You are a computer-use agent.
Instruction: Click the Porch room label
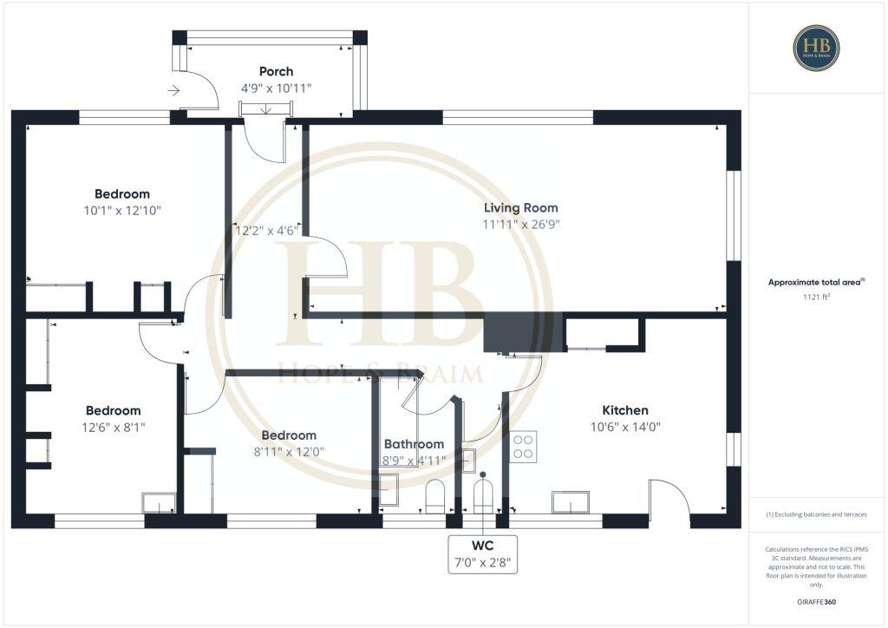tap(276, 71)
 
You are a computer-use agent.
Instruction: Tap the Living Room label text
tap(520, 207)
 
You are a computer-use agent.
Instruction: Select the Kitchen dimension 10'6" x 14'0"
tap(625, 427)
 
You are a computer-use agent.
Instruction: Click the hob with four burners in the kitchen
tap(523, 447)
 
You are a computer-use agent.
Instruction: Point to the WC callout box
tap(482, 554)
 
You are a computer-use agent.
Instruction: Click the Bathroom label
tap(414, 444)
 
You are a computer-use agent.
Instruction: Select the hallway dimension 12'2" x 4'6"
tap(267, 231)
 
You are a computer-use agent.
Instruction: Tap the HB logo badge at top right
tap(816, 48)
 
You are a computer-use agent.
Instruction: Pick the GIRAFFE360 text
tap(816, 601)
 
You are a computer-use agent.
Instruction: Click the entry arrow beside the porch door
tap(173, 89)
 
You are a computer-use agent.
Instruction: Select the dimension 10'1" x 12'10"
tap(121, 210)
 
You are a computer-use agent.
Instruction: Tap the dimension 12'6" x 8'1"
tap(113, 427)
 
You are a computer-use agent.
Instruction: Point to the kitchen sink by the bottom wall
tap(571, 502)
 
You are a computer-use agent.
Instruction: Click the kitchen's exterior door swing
tap(669, 500)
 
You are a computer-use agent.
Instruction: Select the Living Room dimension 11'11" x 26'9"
tap(520, 224)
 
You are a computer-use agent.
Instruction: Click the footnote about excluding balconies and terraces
tap(816, 514)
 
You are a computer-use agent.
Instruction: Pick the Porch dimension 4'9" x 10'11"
tap(276, 88)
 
